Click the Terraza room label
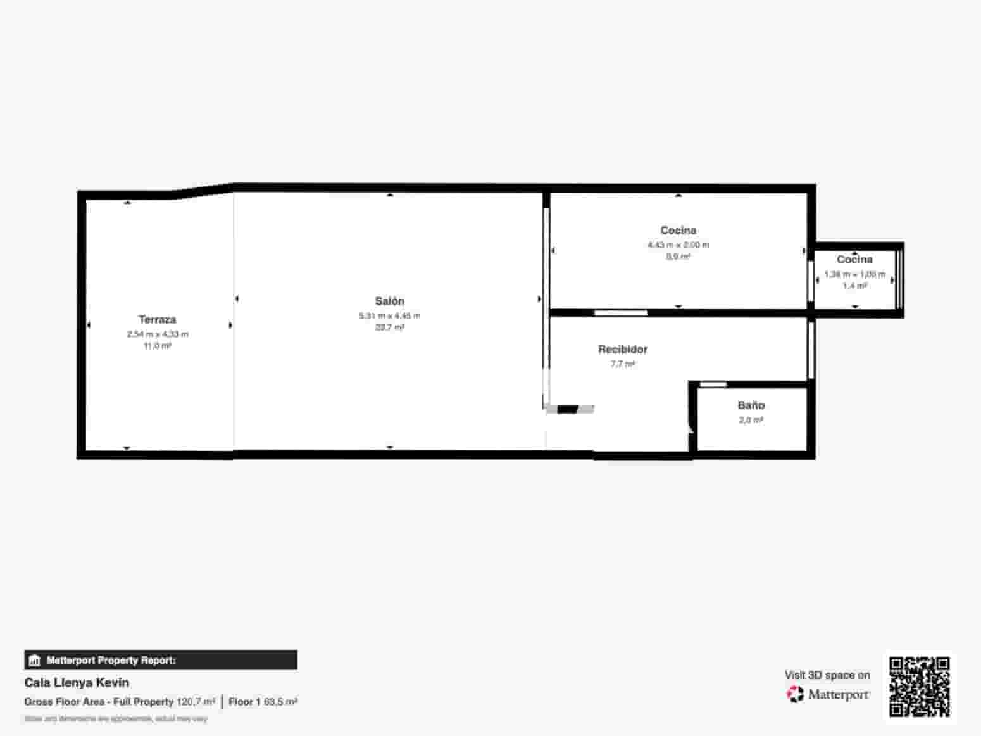(x=157, y=320)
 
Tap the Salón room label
(x=389, y=301)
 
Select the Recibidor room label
(x=623, y=350)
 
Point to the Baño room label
(x=751, y=405)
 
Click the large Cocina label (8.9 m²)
(x=678, y=231)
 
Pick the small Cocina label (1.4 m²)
(x=854, y=260)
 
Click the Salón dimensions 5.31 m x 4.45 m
(x=389, y=316)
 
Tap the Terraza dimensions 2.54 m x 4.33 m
(x=157, y=334)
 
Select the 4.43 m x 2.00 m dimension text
(x=678, y=245)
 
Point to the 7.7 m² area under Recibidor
(x=623, y=364)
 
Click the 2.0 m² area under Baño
(x=751, y=420)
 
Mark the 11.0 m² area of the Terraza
(x=157, y=346)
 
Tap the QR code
(x=919, y=687)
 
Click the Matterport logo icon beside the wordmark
(x=795, y=695)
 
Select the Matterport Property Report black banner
(x=161, y=660)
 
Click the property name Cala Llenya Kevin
(x=77, y=683)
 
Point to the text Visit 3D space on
(x=827, y=675)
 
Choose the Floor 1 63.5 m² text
(x=263, y=702)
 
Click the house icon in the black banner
(x=35, y=661)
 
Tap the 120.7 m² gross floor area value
(x=196, y=702)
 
